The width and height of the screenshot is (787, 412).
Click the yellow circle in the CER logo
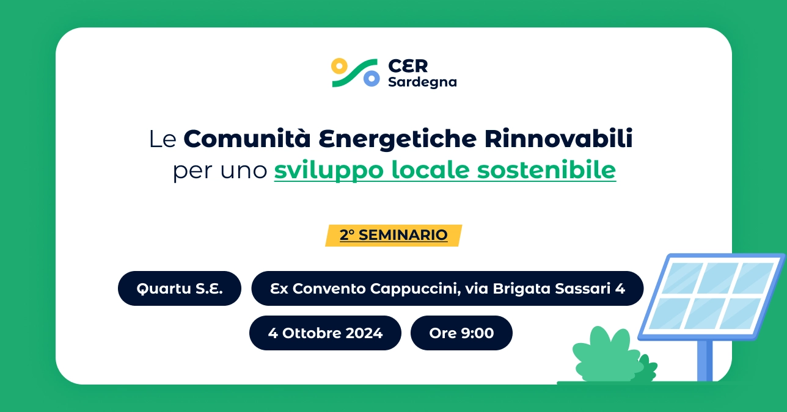(339, 65)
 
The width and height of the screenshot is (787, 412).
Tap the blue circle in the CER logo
(371, 79)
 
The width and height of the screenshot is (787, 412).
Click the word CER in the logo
(408, 66)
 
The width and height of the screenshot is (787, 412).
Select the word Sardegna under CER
(422, 82)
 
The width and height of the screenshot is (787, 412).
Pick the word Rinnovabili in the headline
(558, 139)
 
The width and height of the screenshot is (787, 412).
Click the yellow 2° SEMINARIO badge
(393, 235)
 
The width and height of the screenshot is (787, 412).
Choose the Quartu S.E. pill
(180, 288)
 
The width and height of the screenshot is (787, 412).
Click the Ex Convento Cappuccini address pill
(447, 288)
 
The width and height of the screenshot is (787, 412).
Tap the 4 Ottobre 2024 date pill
(325, 333)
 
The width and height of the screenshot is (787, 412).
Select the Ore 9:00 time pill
(461, 333)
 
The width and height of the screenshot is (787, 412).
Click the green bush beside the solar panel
(605, 357)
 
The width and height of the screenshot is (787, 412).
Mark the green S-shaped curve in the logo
(354, 73)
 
